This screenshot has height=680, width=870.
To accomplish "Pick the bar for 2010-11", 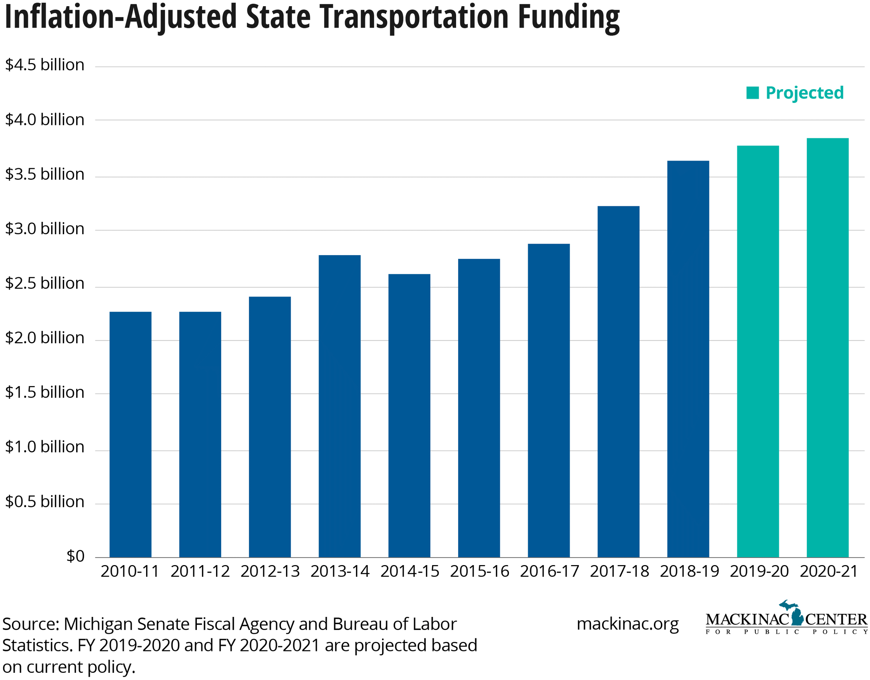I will coord(130,434).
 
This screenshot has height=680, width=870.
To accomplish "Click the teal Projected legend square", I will coord(752,93).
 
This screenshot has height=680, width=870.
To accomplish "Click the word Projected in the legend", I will coord(804,93).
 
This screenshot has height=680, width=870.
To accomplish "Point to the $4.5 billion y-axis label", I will coord(45,65).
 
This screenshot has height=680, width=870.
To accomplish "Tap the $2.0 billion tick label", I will coord(45,338).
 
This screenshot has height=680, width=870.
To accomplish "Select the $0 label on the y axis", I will coord(75,556).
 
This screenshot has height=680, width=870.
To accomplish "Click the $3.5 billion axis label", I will coord(45,174).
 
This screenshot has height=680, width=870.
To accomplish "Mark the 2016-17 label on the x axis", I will coord(549,571).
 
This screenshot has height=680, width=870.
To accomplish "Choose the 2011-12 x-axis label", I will coord(200,571).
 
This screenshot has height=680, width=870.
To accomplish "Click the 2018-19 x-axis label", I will coord(689,571).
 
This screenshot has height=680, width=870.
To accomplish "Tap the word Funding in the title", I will coord(568,17).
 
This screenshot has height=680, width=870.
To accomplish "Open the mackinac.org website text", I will coord(627,624).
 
